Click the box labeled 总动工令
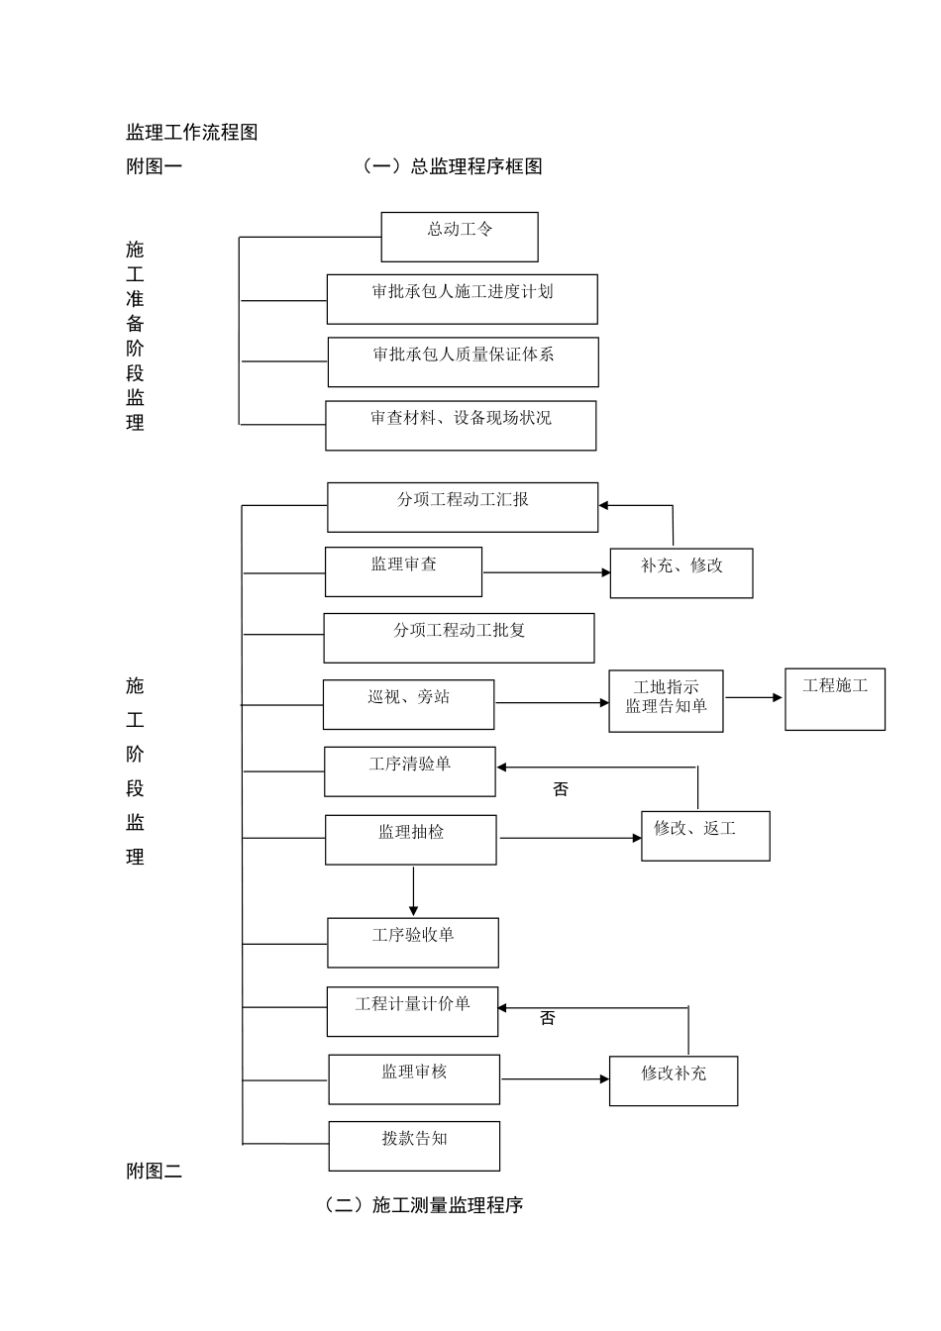[x=460, y=237]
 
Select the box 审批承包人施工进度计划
[x=463, y=299]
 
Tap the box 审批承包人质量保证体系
[x=464, y=361]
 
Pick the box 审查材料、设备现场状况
[x=461, y=426]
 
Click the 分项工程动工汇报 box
[x=463, y=507]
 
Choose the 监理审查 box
[x=403, y=571]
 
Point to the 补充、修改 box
[x=681, y=572]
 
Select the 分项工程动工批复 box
[x=459, y=638]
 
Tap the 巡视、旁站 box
[x=408, y=704]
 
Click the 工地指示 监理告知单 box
[x=666, y=701]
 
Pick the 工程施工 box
[x=835, y=699]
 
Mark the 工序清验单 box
[x=410, y=771]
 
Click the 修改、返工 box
[x=705, y=836]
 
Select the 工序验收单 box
[x=413, y=942]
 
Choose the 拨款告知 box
[x=414, y=1146]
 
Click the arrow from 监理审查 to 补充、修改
[x=546, y=572]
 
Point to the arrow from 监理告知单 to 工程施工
[x=754, y=698]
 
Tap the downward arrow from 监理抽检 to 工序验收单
[x=413, y=891]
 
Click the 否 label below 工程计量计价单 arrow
[x=548, y=1018]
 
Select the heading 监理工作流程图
[x=192, y=133]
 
